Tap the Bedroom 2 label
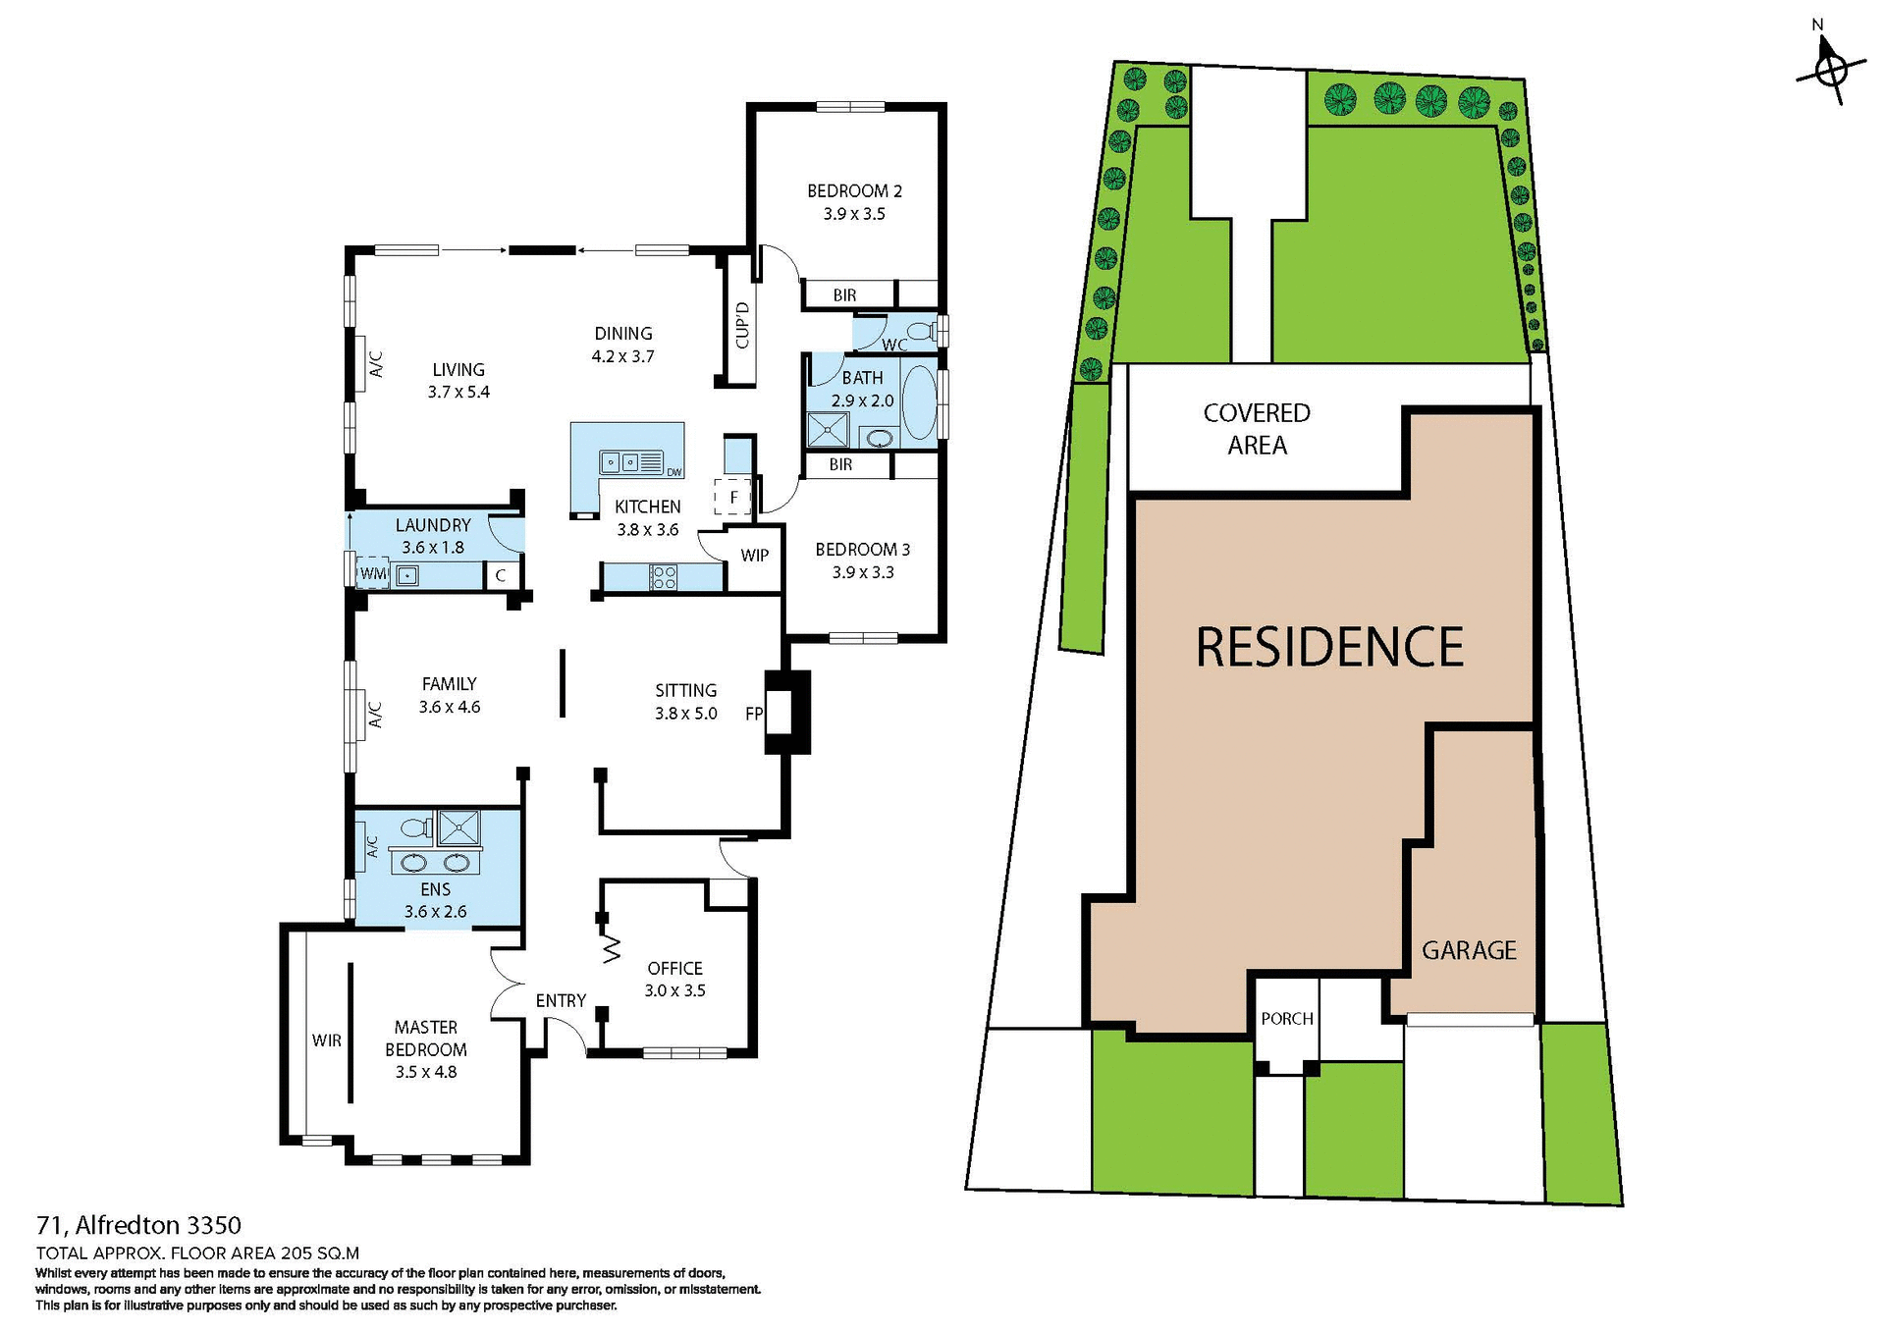click(x=854, y=191)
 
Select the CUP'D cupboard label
click(x=742, y=326)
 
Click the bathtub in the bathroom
click(x=919, y=401)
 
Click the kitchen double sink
click(x=619, y=461)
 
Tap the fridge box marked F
click(x=732, y=497)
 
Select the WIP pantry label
click(x=754, y=556)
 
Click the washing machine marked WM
click(x=373, y=573)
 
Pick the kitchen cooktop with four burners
click(x=664, y=577)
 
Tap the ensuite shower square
click(x=458, y=827)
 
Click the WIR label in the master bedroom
click(x=327, y=1040)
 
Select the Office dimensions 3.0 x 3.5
click(x=674, y=990)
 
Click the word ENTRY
click(x=561, y=1000)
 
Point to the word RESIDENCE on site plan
click(x=1329, y=648)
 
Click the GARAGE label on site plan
click(x=1469, y=950)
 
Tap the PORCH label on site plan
click(x=1286, y=1019)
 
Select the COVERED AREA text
click(x=1257, y=429)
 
